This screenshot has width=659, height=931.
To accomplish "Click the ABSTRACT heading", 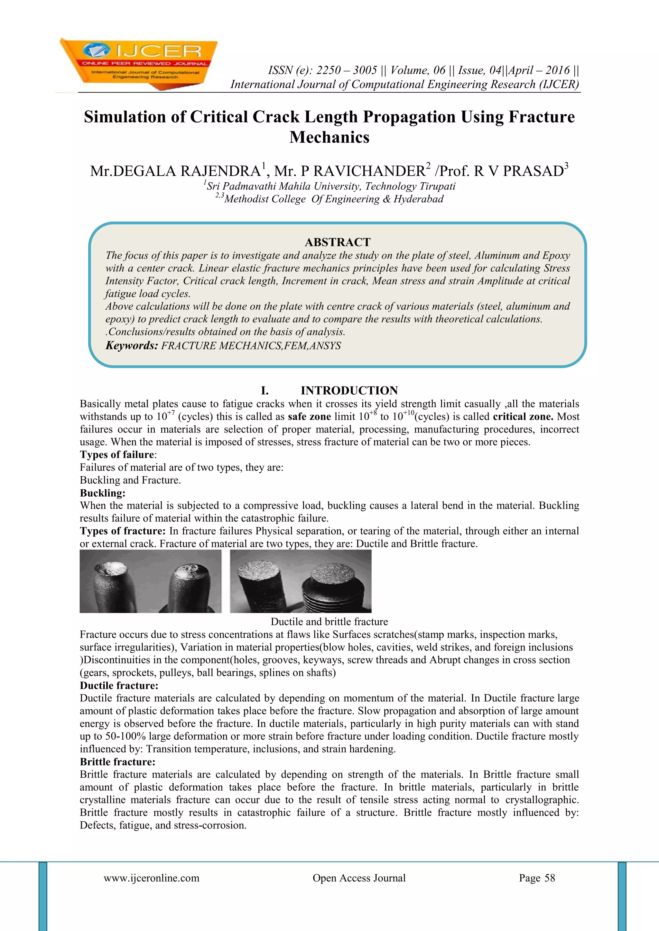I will pos(337,242).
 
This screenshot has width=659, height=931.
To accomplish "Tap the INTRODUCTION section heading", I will pos(349,390).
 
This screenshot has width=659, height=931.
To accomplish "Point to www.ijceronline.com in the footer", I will pos(151,878).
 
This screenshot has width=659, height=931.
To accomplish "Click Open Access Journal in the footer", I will pos(359,878).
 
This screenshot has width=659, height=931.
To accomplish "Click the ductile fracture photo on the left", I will pos(150,581).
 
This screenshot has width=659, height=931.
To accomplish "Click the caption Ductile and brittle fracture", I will pos(329,622).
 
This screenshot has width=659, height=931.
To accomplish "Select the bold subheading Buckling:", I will pos(102,493).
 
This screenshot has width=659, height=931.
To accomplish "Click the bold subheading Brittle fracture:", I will pos(117,762).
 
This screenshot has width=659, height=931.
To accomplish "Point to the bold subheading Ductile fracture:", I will pos(118,686).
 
